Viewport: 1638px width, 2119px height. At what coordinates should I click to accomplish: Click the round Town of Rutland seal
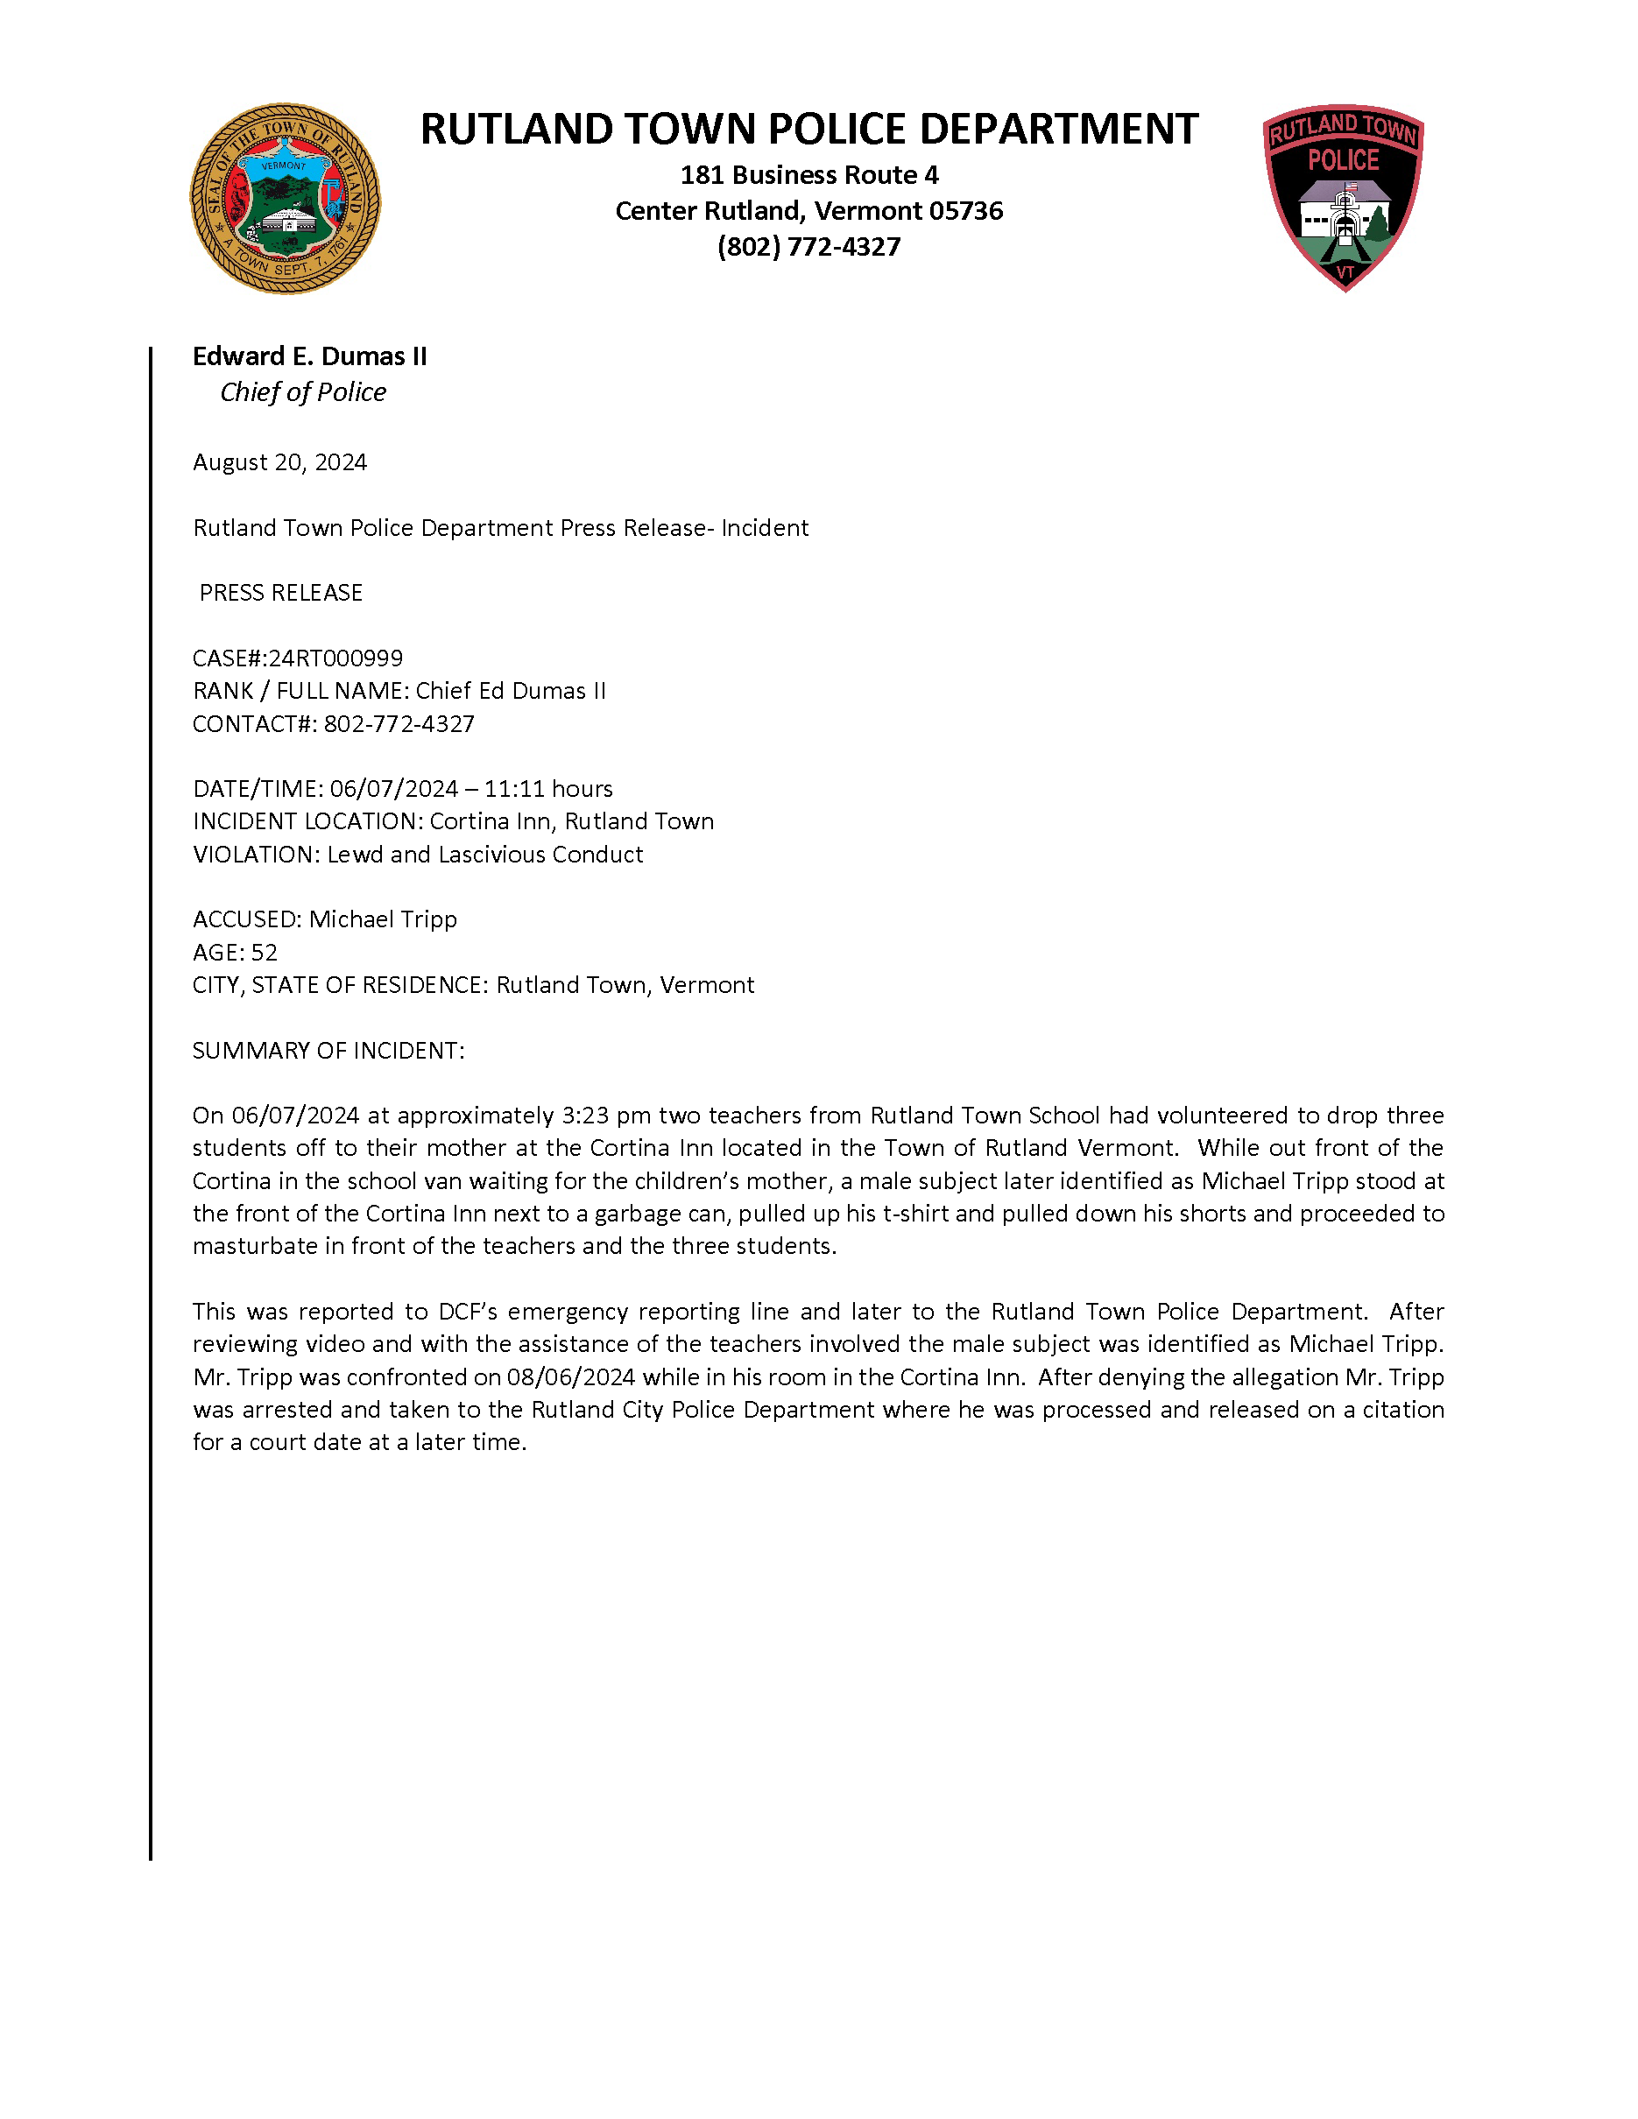(285, 199)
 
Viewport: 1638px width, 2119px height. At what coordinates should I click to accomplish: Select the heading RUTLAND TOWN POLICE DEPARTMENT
(808, 129)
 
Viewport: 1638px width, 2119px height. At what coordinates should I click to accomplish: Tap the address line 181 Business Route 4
(808, 176)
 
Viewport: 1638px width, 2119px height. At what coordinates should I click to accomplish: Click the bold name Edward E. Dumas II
(309, 356)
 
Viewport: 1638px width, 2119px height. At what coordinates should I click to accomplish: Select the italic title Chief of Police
(303, 392)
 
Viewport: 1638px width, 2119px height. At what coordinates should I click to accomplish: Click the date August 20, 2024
(279, 463)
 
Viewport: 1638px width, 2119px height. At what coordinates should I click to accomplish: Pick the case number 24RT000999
(335, 658)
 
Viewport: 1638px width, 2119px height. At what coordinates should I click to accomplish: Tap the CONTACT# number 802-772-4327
(399, 725)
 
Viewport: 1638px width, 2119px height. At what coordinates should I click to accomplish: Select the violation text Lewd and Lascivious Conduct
(484, 855)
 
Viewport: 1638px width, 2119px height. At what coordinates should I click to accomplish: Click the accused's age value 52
(264, 953)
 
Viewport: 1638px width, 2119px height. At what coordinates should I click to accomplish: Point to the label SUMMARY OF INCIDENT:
(328, 1051)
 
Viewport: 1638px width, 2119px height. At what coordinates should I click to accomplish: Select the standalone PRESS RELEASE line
(280, 593)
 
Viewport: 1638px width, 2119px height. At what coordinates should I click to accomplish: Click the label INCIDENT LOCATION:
(307, 822)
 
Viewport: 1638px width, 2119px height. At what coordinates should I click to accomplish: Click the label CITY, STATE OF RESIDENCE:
(341, 986)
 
